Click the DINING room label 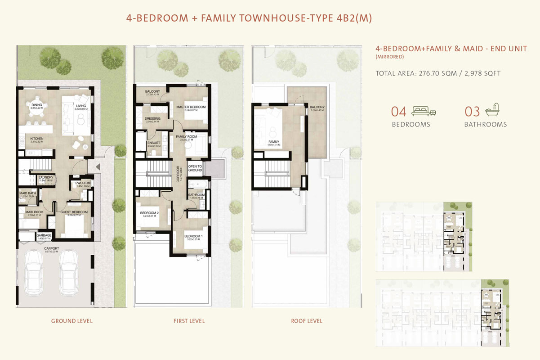click(x=36, y=104)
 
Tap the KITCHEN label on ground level click(x=36, y=138)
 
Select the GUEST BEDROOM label click(x=74, y=212)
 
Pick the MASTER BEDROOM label click(x=191, y=107)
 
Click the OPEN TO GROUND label click(x=195, y=168)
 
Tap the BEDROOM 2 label click(x=149, y=213)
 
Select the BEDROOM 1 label click(x=193, y=237)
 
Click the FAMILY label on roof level click(x=273, y=142)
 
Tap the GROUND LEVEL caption click(x=72, y=321)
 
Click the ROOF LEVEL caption click(x=306, y=321)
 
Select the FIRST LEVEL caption click(x=189, y=321)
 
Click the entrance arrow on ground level click(x=98, y=167)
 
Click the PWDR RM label click(x=83, y=183)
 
